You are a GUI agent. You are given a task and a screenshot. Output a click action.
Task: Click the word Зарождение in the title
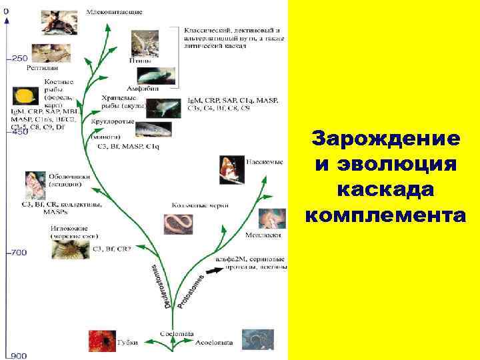point(385,139)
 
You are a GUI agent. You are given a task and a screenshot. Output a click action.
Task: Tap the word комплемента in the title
point(385,215)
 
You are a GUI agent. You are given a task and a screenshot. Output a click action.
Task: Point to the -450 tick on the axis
point(17,132)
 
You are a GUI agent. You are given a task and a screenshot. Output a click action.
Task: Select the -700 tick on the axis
point(17,253)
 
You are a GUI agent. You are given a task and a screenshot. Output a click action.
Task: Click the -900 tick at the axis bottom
point(17,355)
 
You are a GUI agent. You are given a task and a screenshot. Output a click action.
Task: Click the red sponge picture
point(103,339)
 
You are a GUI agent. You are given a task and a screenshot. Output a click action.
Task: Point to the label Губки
point(128,343)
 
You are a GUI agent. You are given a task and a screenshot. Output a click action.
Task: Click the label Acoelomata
point(214,343)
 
